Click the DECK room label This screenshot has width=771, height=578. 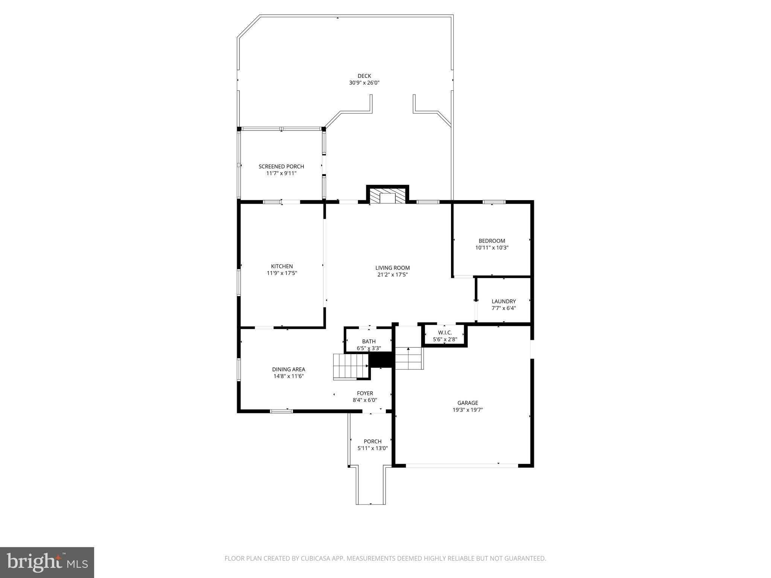point(364,76)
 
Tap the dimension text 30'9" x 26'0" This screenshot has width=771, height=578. point(364,83)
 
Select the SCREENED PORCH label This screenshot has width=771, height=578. point(281,166)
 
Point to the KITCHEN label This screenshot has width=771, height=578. point(282,266)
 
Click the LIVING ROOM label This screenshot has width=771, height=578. point(392,268)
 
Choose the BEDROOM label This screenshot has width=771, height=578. point(492,241)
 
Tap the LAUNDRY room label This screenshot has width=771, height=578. point(504,301)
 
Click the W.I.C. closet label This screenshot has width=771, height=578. point(445,333)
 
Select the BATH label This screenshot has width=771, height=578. point(369,342)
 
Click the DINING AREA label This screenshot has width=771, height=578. point(288,370)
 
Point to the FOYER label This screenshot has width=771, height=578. point(365,394)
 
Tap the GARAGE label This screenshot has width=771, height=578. point(468,403)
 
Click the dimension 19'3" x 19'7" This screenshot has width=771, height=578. point(468,410)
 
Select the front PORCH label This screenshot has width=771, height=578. point(372,441)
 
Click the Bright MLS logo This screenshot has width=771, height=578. point(47,562)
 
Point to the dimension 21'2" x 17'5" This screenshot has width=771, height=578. point(392,275)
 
